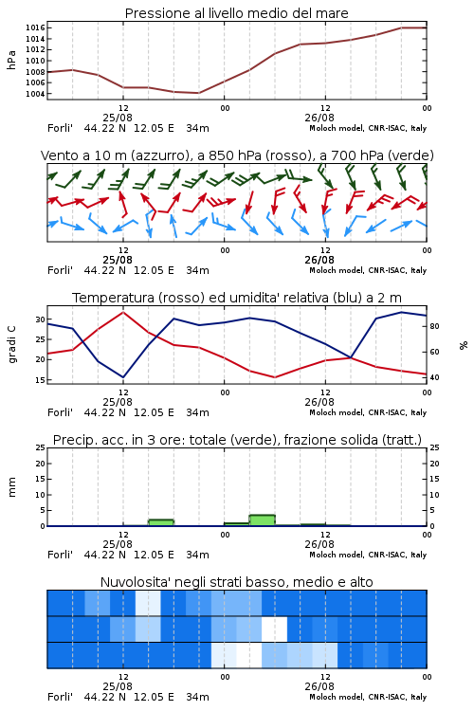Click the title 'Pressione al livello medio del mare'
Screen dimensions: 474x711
236,13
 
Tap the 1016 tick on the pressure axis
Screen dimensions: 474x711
35,28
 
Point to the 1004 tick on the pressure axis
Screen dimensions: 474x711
35,94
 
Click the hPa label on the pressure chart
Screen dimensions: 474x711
11,60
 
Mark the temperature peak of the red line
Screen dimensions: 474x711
123,312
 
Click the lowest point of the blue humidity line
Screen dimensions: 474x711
123,377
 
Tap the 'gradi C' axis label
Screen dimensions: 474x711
11,344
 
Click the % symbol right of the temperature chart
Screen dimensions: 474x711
464,345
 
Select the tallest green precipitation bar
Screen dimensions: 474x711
263,520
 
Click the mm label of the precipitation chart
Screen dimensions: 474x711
11,487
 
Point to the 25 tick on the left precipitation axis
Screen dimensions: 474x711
41,447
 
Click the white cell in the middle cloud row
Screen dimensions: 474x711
274,629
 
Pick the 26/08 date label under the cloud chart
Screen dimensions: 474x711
319,686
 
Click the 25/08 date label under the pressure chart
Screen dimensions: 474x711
118,118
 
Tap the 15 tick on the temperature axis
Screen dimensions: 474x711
41,380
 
